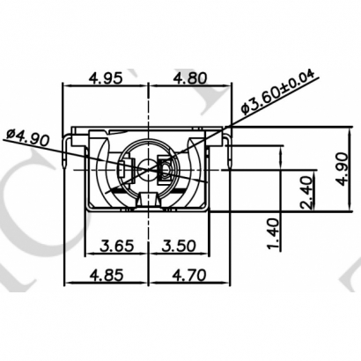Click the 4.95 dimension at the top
point(107,77)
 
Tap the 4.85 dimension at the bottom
point(107,276)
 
